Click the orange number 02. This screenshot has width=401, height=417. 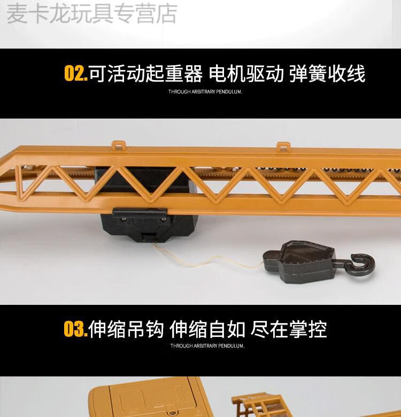[x=76, y=73]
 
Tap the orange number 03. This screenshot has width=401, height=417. [x=76, y=329]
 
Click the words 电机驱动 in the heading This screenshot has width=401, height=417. [x=246, y=73]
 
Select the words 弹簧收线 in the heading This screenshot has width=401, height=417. [x=327, y=73]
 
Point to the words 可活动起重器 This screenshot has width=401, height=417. [x=145, y=73]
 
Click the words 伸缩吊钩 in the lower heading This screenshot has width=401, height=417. [x=126, y=329]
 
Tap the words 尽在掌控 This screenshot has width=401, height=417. [x=289, y=329]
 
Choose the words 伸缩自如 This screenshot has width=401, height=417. [x=207, y=329]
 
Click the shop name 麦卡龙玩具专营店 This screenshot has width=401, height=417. [x=92, y=13]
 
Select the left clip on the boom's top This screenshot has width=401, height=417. [x=119, y=146]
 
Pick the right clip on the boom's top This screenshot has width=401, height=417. [x=283, y=146]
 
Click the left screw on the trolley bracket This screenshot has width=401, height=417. [x=123, y=219]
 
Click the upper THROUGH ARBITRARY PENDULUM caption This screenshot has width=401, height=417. [x=205, y=92]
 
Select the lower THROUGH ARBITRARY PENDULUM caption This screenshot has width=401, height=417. [x=207, y=346]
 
